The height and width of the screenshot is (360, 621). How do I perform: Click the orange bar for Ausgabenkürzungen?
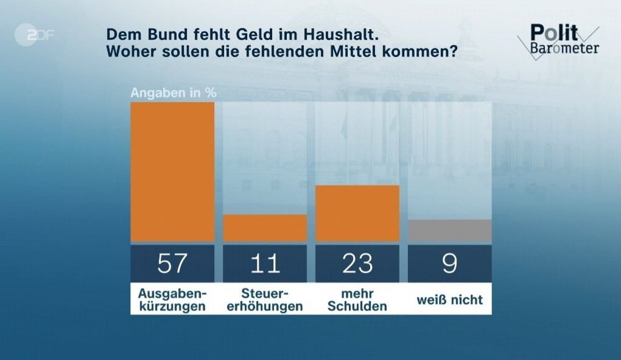click(172, 171)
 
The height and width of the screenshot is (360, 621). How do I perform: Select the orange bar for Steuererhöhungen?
click(265, 228)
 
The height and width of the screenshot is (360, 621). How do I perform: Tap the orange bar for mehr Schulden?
click(357, 213)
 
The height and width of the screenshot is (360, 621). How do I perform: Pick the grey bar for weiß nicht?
click(450, 230)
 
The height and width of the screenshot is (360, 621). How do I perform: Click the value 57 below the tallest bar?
click(172, 264)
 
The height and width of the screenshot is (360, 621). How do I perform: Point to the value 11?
click(265, 264)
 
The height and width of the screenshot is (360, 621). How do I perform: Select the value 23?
click(357, 264)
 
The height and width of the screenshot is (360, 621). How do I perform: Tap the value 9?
click(450, 264)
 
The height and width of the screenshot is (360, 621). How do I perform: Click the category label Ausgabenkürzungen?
click(172, 299)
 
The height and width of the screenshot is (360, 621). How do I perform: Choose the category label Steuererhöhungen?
click(265, 299)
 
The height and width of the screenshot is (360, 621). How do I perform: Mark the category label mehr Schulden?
click(357, 299)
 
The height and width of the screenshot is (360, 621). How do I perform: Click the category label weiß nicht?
click(450, 300)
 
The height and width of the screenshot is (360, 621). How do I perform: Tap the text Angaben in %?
click(173, 94)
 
